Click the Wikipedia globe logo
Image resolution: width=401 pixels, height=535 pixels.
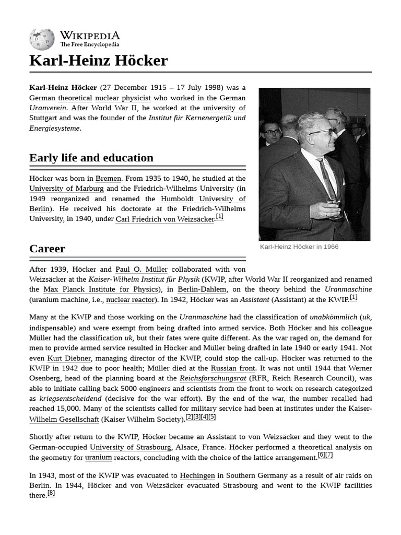42,39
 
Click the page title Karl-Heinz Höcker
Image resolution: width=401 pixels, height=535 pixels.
99,61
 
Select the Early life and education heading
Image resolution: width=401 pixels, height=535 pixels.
91,158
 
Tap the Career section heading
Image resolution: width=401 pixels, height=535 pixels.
48,249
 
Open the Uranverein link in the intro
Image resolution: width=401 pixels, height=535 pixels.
48,108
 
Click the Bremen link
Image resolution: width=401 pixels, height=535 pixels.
109,178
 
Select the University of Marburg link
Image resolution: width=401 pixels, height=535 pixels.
66,188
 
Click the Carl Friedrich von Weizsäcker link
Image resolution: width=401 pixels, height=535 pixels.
165,219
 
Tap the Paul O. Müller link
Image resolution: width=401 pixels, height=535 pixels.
141,269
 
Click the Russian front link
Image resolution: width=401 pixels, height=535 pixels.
233,368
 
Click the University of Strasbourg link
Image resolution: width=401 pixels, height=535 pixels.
131,447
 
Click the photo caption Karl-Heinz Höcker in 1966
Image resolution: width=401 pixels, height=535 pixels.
299,247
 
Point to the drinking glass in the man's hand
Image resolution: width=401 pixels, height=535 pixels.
333,201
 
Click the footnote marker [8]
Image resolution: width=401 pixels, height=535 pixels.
51,493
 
